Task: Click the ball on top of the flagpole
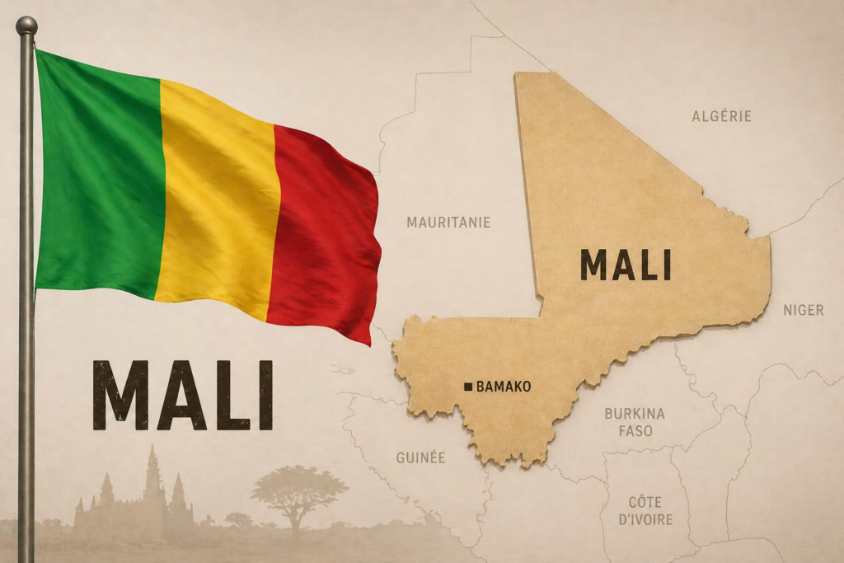pos(26,26)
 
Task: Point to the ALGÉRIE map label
pos(721,116)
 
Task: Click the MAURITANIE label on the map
pos(448,222)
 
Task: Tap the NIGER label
pos(803,310)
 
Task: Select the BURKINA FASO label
pos(634,422)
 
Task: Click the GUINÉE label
pos(420,457)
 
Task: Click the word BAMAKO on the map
pos(504,386)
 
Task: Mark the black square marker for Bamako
pos(468,386)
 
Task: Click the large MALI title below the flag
pos(182,395)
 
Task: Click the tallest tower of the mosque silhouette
pos(152,478)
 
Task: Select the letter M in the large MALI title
pos(120,395)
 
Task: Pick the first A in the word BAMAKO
pos(490,386)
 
